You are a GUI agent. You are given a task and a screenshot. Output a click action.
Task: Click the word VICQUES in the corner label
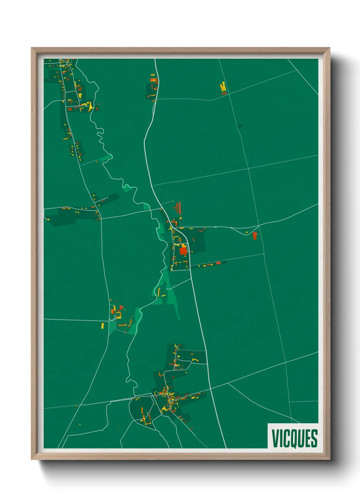tap(294, 438)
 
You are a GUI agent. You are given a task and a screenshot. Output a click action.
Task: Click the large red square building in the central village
tap(183, 251)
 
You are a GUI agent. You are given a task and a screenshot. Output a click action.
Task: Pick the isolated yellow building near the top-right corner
tap(223, 87)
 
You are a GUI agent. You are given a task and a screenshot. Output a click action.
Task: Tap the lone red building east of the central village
tap(255, 235)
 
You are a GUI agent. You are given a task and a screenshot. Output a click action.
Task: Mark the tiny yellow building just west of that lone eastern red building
tap(246, 233)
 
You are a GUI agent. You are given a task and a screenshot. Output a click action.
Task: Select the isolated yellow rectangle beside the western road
tap(102, 326)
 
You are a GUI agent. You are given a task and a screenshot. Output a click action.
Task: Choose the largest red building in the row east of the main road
tap(218, 263)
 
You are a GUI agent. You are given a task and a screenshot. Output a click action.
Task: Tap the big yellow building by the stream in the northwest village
tap(91, 106)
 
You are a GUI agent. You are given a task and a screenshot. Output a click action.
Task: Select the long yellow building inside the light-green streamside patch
tap(159, 292)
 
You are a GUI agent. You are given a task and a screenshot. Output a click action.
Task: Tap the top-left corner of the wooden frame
tap(32, 48)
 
